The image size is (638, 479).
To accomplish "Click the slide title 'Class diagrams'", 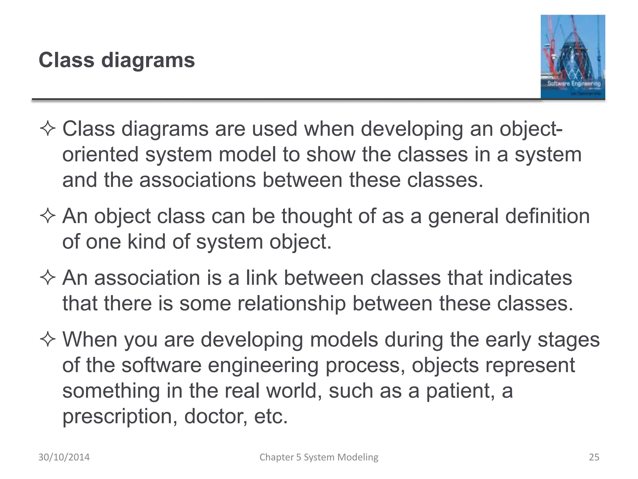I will tap(117, 60).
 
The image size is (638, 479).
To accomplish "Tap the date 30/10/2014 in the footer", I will tap(64, 457).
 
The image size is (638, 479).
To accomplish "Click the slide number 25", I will tap(594, 457).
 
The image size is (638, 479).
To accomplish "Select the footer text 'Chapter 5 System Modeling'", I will tap(319, 457).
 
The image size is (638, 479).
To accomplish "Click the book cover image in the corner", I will tap(573, 57).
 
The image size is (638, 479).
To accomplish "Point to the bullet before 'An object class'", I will tap(48, 216).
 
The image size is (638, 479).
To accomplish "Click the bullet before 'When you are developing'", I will tap(48, 340).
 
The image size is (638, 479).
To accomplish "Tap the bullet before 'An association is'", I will tap(48, 278).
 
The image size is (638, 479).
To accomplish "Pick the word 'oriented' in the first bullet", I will tap(100, 155).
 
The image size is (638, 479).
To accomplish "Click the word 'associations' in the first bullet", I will tap(198, 180).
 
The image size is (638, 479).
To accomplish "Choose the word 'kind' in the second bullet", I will tap(146, 242).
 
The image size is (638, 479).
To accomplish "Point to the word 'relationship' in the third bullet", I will tap(292, 303).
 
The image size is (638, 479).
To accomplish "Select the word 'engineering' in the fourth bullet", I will tap(263, 365).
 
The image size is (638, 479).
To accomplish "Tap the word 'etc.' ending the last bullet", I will tap(271, 416).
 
